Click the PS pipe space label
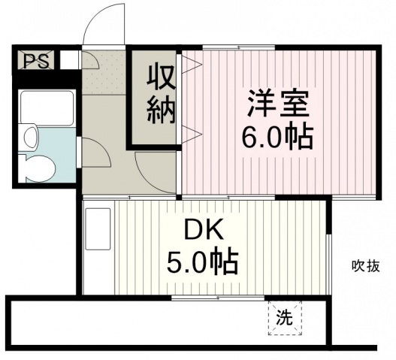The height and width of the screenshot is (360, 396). [36, 61]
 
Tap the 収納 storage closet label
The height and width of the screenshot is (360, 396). [161, 95]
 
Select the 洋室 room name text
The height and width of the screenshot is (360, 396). [278, 103]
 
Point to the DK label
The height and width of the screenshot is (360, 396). [204, 229]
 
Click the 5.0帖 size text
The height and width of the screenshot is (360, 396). [202, 262]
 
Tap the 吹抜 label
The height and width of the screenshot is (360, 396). [366, 266]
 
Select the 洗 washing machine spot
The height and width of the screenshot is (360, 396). [285, 318]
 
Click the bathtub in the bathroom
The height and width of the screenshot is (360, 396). [47, 108]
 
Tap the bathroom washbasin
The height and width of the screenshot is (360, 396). [30, 138]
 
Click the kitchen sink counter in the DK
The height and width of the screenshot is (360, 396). [98, 229]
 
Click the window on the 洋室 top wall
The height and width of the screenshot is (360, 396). [239, 47]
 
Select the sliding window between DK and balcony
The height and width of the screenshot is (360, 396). [218, 298]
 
